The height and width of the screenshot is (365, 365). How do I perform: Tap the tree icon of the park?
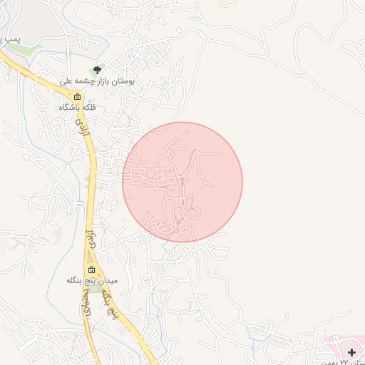click(x=98, y=70)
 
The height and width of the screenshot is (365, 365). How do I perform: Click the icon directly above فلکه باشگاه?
click(x=78, y=96)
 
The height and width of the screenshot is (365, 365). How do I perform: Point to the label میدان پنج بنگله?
click(x=91, y=281)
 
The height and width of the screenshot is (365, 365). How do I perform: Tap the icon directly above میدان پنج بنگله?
click(x=91, y=269)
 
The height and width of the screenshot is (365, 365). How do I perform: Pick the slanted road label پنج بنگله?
click(x=113, y=311)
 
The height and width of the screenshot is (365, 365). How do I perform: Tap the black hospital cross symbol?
click(x=351, y=352)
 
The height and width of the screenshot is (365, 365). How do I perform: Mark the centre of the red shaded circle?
click(x=182, y=182)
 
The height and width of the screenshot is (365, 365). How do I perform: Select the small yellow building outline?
click(x=227, y=3)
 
